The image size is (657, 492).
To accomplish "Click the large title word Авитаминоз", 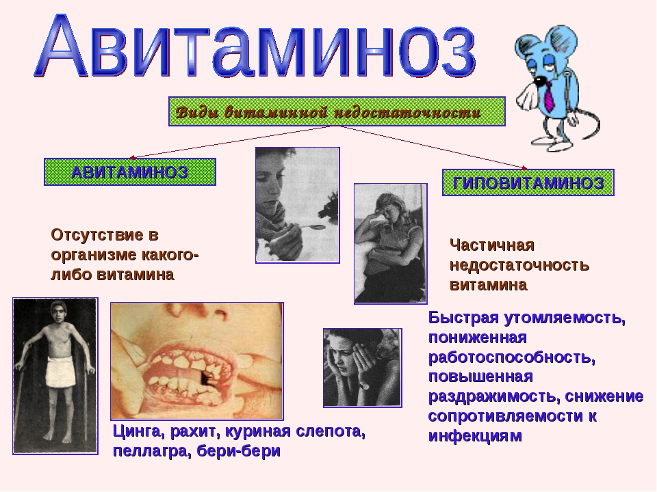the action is click(x=255, y=47).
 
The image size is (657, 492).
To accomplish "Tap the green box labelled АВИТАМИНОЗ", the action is click(x=130, y=172).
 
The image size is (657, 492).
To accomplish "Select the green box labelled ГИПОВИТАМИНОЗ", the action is click(x=528, y=182).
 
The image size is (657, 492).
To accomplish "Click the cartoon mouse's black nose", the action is click(x=538, y=79).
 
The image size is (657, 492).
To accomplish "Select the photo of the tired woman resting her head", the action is click(x=391, y=243).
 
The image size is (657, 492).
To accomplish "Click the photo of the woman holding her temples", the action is click(x=363, y=368).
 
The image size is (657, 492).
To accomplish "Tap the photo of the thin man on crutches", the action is click(x=55, y=376).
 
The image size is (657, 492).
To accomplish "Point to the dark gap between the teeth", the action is click(x=206, y=378).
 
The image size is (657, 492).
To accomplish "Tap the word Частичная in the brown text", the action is click(x=492, y=245).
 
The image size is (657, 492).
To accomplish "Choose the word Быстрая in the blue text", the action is click(x=464, y=318).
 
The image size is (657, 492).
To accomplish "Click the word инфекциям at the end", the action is click(x=475, y=436).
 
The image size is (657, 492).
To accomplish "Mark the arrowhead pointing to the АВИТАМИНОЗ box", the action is click(x=132, y=158).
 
